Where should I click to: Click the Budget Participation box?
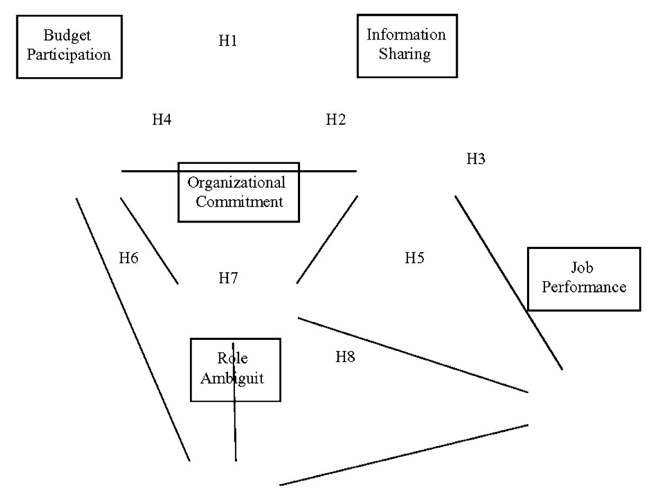pyautogui.click(x=69, y=47)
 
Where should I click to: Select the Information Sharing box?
pyautogui.click(x=407, y=45)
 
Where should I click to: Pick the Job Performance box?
pyautogui.click(x=584, y=279)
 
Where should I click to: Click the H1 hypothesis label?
pyautogui.click(x=228, y=41)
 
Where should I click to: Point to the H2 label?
pyautogui.click(x=335, y=120)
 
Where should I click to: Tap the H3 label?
pyautogui.click(x=476, y=159)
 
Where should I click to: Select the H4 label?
pyautogui.click(x=162, y=120)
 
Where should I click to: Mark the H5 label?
pyautogui.click(x=414, y=258)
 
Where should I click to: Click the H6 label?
pyautogui.click(x=129, y=258)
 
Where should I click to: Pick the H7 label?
pyautogui.click(x=229, y=278)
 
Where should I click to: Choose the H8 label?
pyautogui.click(x=345, y=357)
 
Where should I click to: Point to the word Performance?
pyautogui.click(x=584, y=288)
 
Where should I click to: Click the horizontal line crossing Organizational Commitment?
pyautogui.click(x=148, y=171)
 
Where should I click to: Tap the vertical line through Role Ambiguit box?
pyautogui.click(x=234, y=433)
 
